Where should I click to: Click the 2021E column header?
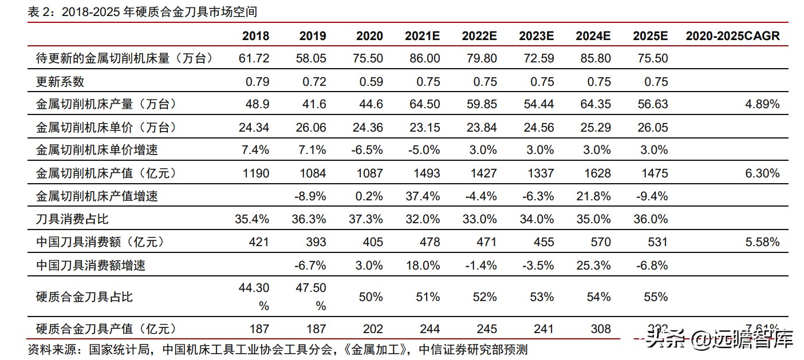point(422,35)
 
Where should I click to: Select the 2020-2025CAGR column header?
point(732,35)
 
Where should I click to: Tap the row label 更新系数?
point(60,81)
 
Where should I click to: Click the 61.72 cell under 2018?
point(254,58)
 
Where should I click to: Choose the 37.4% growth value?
point(423,196)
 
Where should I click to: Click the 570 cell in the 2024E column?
point(600,242)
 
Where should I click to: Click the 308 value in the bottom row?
point(600,329)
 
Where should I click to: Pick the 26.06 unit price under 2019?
point(310,127)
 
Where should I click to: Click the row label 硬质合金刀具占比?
point(84,296)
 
